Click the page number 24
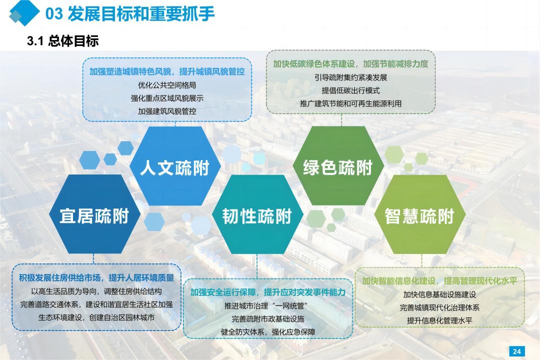pyautogui.click(x=517, y=351)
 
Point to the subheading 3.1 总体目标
pyautogui.click(x=63, y=40)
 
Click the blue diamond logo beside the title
pyautogui.click(x=24, y=13)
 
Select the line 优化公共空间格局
pyautogui.click(x=167, y=84)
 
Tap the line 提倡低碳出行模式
pyautogui.click(x=350, y=90)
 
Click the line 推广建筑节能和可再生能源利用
pyautogui.click(x=350, y=103)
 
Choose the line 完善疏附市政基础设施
pyautogui.click(x=268, y=318)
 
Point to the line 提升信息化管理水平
pyautogui.click(x=439, y=320)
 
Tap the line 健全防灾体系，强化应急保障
pyautogui.click(x=268, y=332)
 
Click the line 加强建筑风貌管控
pyautogui.click(x=167, y=111)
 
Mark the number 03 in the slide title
pyautogui.click(x=54, y=14)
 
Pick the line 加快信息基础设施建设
pyautogui.click(x=439, y=294)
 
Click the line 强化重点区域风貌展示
pyautogui.click(x=167, y=98)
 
